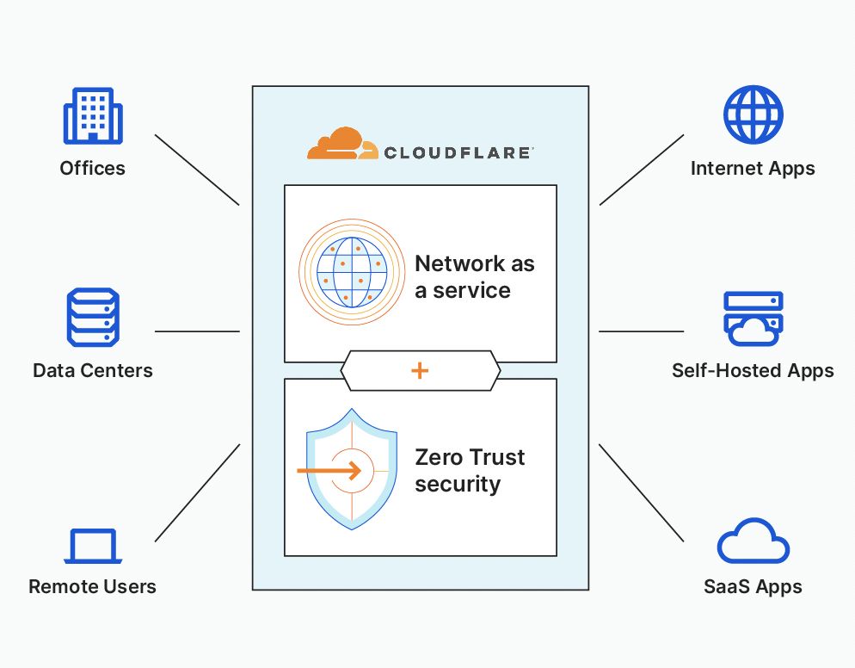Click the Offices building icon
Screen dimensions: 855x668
pyautogui.click(x=93, y=115)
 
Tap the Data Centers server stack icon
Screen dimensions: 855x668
pyautogui.click(x=93, y=317)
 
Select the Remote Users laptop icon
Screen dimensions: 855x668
pyautogui.click(x=93, y=546)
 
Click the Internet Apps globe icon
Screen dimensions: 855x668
pyautogui.click(x=753, y=114)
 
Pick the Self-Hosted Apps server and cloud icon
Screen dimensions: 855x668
pyautogui.click(x=753, y=319)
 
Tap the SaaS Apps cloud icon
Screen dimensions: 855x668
pyautogui.click(x=753, y=541)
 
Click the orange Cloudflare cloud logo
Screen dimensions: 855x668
pyautogui.click(x=342, y=144)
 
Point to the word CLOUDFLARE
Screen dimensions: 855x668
pyautogui.click(x=457, y=153)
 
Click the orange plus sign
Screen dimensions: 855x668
pyautogui.click(x=419, y=370)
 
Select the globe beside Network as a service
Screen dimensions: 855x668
pyautogui.click(x=352, y=272)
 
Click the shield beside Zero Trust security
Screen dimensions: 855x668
pyautogui.click(x=352, y=469)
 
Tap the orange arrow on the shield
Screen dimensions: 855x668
pyautogui.click(x=329, y=470)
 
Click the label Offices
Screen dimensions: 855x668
pyautogui.click(x=93, y=168)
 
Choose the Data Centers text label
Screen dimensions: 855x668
pyautogui.click(x=93, y=370)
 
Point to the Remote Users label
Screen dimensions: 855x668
pyautogui.click(x=92, y=587)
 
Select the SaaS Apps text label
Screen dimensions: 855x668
pyautogui.click(x=753, y=587)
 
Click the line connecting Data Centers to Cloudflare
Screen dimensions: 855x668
pyautogui.click(x=197, y=331)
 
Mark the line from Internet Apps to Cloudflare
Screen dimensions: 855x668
pyautogui.click(x=642, y=170)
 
